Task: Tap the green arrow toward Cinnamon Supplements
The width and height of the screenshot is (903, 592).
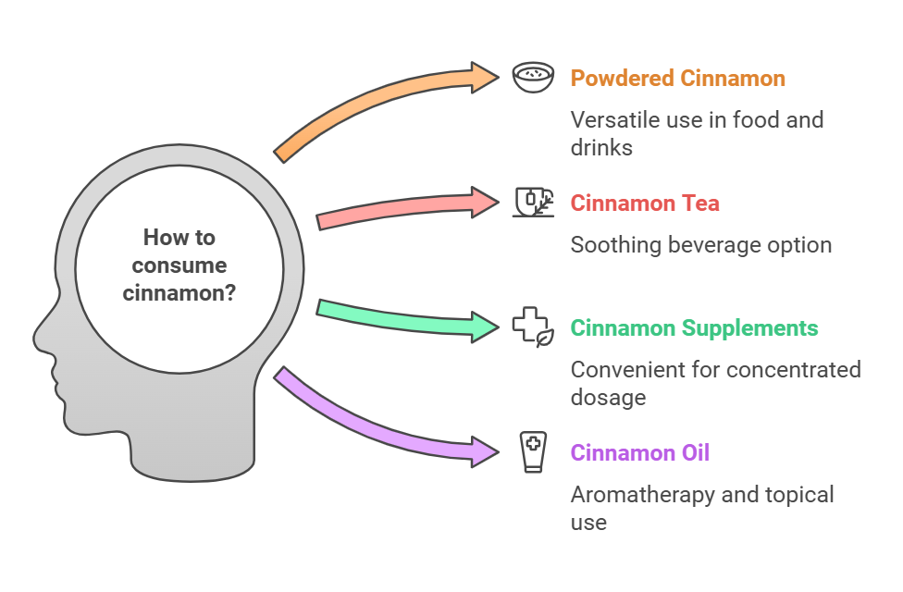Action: point(403,321)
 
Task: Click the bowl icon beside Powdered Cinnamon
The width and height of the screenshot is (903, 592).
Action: point(533,77)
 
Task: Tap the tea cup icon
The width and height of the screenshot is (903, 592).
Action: point(533,203)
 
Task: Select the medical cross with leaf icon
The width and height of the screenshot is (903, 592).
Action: point(533,327)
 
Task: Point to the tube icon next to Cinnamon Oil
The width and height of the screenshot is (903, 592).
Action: point(533,452)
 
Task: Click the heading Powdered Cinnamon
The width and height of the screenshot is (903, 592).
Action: point(678,79)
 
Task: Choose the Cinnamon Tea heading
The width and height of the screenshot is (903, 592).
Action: point(645,203)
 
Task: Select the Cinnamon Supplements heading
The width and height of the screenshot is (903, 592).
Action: point(694,328)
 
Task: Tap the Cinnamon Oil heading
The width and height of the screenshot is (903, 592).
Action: point(640,453)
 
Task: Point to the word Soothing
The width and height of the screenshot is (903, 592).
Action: point(615,245)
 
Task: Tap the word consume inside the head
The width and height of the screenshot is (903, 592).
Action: point(179,265)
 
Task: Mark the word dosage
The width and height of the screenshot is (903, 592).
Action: point(608,398)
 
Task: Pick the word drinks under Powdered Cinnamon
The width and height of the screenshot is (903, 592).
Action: point(601,148)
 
